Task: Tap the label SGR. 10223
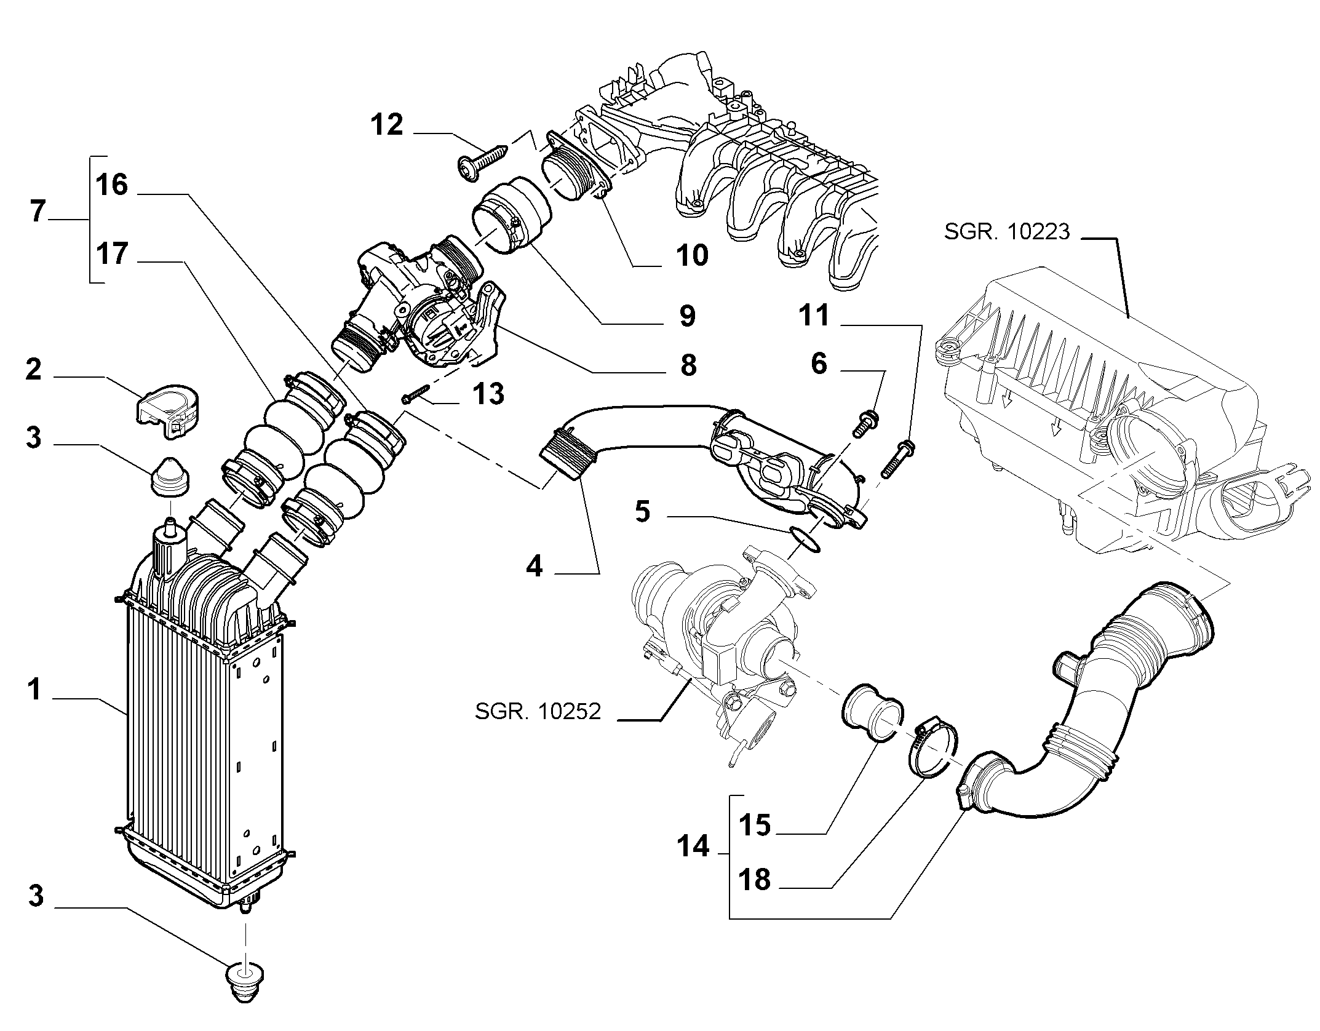(1008, 231)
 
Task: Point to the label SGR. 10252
(538, 711)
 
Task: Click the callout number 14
(693, 847)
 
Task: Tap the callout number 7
(38, 211)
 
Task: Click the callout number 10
(692, 255)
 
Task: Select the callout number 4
(535, 566)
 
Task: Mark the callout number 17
(113, 253)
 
